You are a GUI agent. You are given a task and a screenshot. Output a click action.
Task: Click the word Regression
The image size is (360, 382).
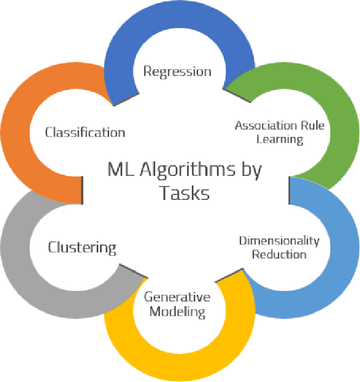click(x=177, y=71)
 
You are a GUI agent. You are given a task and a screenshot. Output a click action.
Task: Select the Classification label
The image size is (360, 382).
click(x=85, y=133)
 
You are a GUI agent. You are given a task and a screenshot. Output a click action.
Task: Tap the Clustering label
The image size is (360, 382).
click(x=82, y=247)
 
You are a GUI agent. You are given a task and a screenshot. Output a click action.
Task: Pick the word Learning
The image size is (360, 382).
click(x=279, y=138)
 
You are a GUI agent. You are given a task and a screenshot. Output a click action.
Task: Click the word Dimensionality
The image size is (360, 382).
click(x=279, y=241)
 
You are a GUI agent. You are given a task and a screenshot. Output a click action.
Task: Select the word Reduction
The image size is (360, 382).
click(x=279, y=254)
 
